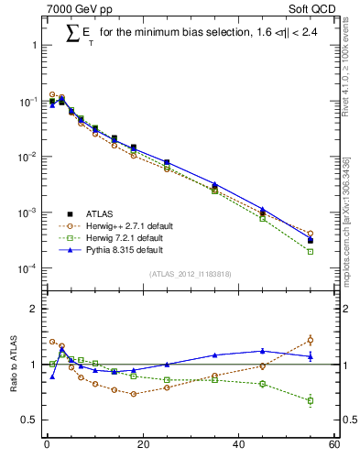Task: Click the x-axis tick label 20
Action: click(x=142, y=446)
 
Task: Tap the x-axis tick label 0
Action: click(x=47, y=446)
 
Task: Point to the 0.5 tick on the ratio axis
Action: click(x=28, y=420)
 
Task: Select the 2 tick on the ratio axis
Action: click(x=32, y=309)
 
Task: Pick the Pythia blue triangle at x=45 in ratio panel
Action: click(x=263, y=350)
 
